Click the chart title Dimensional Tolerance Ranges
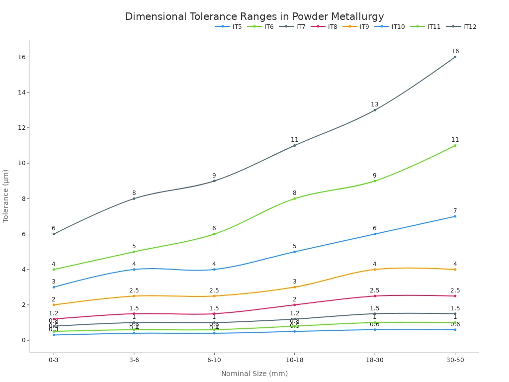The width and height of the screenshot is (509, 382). (x=254, y=16)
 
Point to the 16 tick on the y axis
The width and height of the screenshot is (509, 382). (x=22, y=57)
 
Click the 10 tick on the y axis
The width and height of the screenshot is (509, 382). (x=22, y=163)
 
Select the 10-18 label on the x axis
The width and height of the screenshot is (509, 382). (x=295, y=360)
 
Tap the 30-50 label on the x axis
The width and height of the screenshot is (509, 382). (x=455, y=360)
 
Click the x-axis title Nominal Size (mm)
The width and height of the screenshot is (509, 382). (x=254, y=374)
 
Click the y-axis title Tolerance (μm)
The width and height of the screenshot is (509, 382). (x=6, y=195)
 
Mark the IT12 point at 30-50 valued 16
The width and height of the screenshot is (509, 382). (x=455, y=57)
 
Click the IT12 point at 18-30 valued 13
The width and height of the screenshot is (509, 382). (x=375, y=110)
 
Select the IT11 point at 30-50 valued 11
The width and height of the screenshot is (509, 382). (x=455, y=145)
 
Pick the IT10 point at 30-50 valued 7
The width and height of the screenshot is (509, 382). (x=455, y=216)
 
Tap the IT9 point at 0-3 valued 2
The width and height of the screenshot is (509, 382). (x=54, y=305)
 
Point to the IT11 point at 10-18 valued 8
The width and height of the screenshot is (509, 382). (x=295, y=198)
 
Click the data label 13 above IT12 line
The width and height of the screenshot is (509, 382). (x=375, y=104)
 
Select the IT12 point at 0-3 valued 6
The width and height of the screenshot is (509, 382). (x=54, y=234)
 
